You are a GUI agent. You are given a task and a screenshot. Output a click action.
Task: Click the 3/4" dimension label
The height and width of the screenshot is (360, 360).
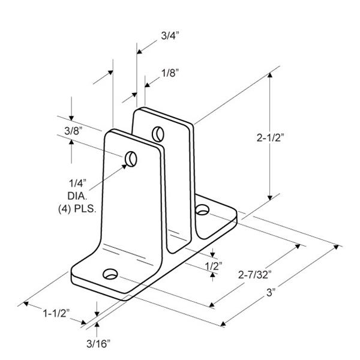click(x=170, y=36)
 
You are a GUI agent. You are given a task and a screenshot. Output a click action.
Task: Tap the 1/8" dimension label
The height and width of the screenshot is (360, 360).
click(x=170, y=73)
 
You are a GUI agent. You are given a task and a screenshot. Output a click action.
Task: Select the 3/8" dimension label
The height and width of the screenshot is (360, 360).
click(x=73, y=131)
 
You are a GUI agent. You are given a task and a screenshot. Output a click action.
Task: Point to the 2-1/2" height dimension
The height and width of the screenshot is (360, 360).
click(x=270, y=138)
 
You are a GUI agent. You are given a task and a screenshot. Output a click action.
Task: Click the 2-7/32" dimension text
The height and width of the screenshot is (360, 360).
click(x=255, y=275)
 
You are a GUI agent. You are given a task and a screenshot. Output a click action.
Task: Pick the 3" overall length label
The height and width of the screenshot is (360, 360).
click(x=271, y=293)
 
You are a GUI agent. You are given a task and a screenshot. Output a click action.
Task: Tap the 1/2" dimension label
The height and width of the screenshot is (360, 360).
click(x=214, y=266)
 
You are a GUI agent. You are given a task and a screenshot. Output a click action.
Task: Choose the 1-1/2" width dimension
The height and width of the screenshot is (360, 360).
click(x=56, y=313)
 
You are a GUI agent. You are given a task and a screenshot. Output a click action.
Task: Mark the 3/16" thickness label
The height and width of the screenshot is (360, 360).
click(x=98, y=344)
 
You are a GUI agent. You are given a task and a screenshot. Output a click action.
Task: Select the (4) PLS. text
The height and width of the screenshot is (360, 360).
click(x=77, y=209)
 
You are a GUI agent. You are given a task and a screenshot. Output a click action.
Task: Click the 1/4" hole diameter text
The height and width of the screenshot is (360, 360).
click(x=78, y=183)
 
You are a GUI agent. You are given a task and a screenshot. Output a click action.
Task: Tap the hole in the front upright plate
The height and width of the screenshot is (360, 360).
click(x=131, y=159)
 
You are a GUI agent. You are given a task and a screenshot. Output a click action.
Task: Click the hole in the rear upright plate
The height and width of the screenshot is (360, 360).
click(x=158, y=134)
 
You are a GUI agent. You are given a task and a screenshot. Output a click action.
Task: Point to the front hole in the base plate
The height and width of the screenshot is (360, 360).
click(x=110, y=274)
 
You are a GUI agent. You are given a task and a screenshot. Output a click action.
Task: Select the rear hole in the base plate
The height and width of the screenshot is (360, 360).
click(x=202, y=209)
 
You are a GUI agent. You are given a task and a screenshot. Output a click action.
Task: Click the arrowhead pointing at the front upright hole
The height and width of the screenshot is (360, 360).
click(x=124, y=166)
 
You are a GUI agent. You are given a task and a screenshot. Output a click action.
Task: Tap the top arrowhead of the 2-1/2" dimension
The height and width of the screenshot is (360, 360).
click(x=270, y=75)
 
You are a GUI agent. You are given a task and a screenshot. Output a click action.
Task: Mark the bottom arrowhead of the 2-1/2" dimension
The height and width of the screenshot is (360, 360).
click(x=270, y=198)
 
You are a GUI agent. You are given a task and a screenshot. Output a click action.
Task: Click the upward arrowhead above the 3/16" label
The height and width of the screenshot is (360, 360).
click(x=97, y=325)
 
